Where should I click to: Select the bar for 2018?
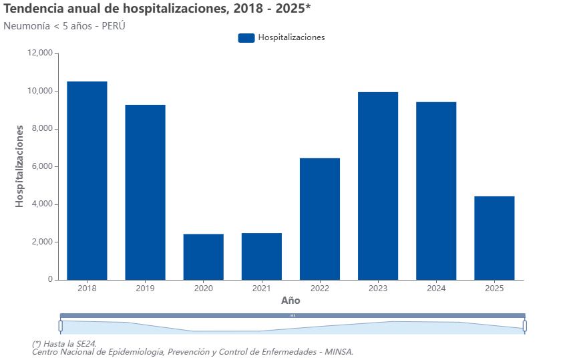(87, 180)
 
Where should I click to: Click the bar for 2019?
(145, 192)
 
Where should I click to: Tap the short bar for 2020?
(203, 256)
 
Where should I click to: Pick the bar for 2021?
(261, 256)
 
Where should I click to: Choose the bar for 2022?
(320, 218)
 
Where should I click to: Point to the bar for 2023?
(378, 186)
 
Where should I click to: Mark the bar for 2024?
(436, 190)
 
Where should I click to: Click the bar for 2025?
(494, 238)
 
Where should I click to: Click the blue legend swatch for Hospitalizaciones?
(246, 37)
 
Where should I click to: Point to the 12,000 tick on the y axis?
(39, 53)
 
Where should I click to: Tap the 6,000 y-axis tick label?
(41, 166)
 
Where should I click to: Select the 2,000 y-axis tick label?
(41, 242)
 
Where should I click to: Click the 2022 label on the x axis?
(320, 289)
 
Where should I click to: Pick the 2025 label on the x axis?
(494, 289)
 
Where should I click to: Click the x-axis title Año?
(291, 301)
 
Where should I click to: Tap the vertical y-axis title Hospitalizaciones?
(19, 166)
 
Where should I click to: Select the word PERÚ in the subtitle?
(112, 26)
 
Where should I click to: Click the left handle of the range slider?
(60, 326)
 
